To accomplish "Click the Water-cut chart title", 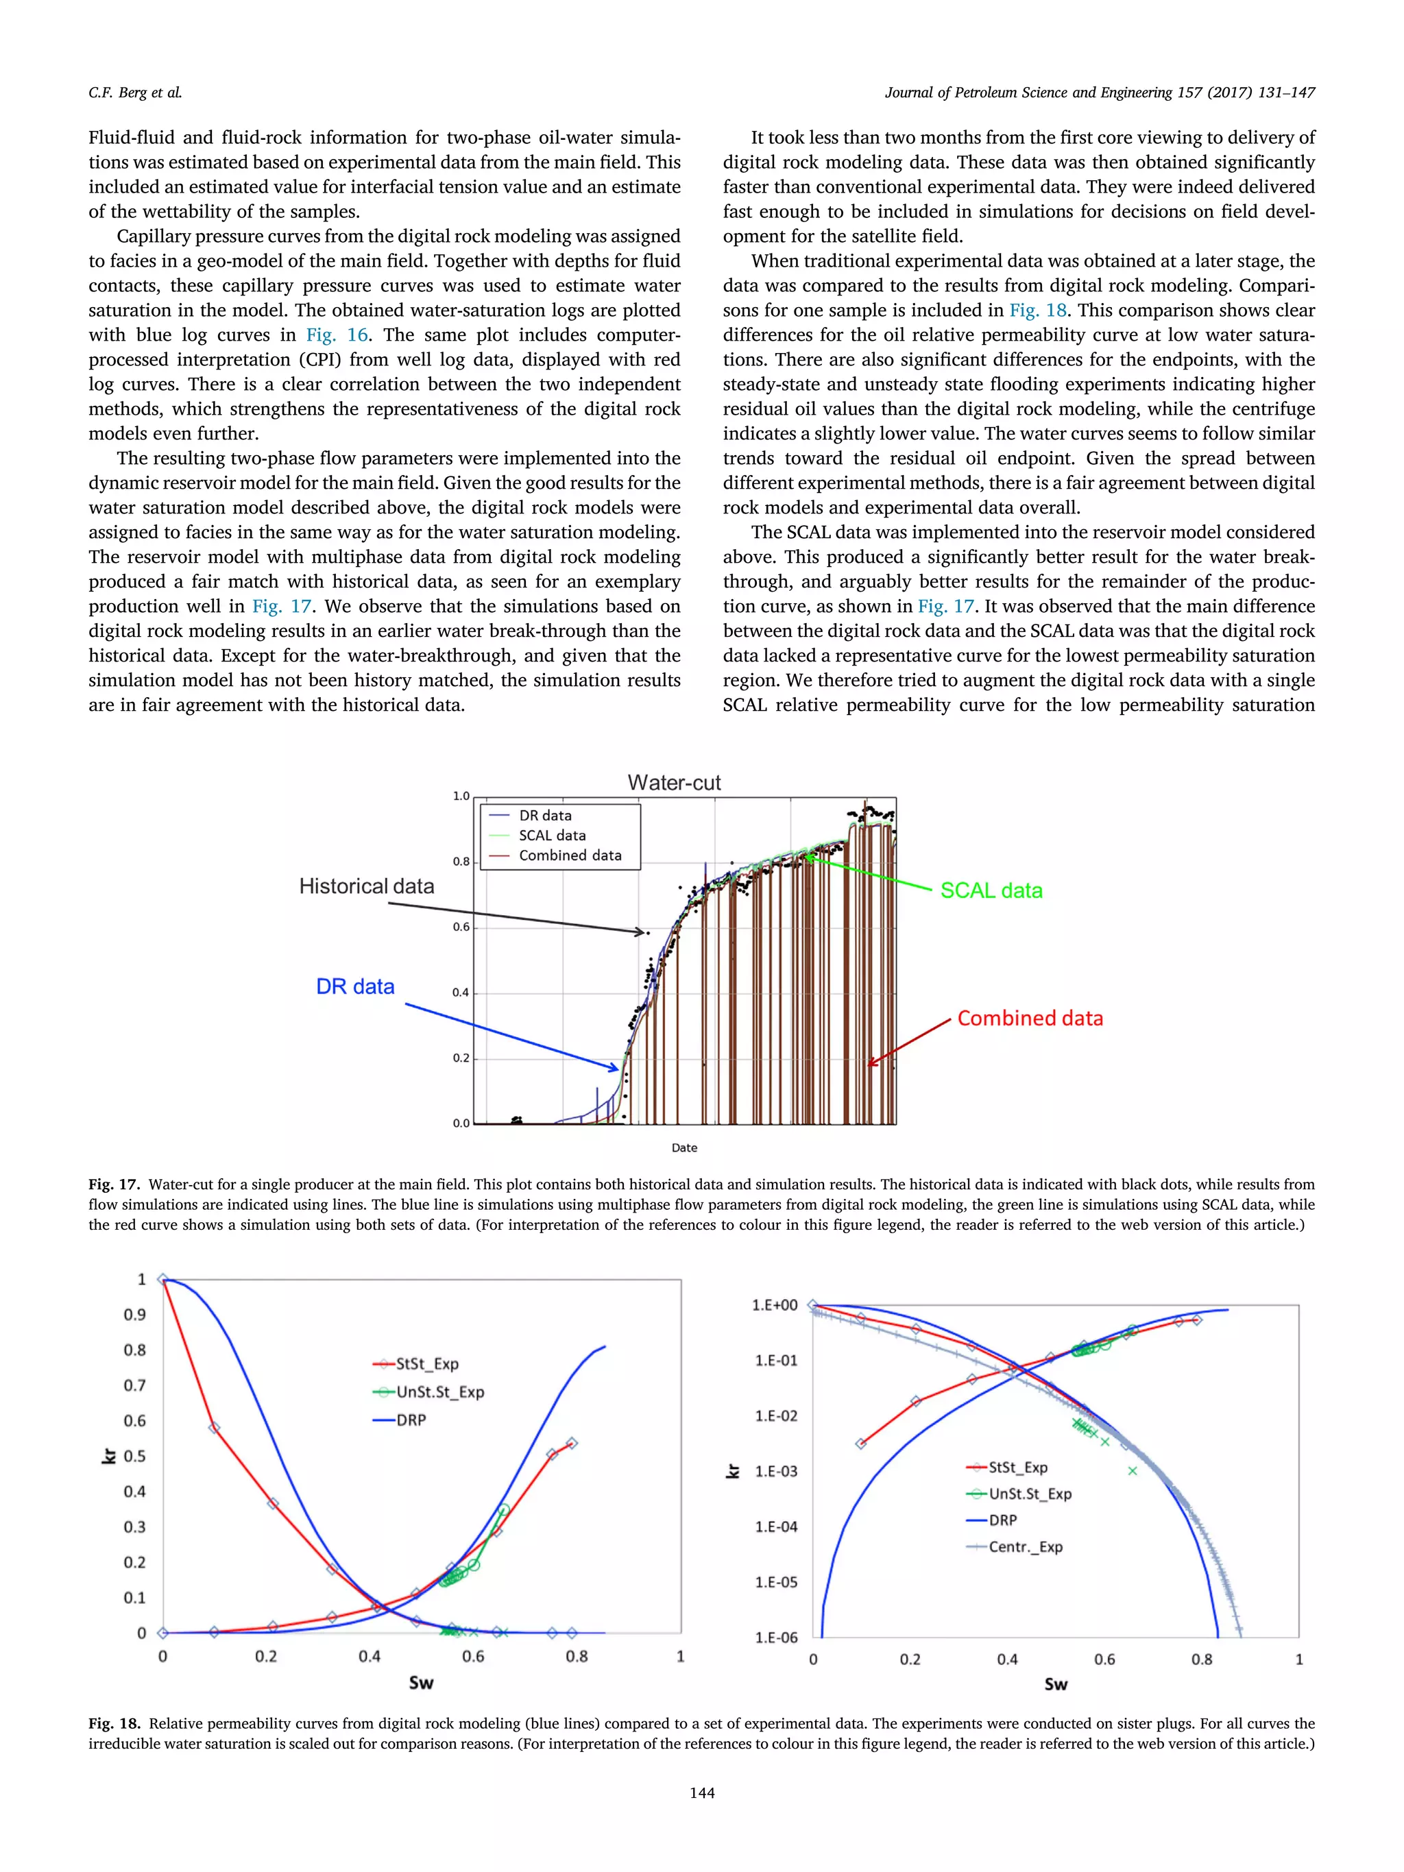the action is tap(674, 783).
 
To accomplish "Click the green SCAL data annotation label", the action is tap(991, 890).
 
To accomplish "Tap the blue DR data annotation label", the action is tap(354, 987).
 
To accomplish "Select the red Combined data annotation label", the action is tap(1030, 1018).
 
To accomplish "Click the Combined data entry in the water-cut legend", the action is tap(570, 855).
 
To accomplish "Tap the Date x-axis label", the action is tap(683, 1148).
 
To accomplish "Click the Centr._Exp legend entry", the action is tap(1025, 1547).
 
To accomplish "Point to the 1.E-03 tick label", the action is tap(775, 1472).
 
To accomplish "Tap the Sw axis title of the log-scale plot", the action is tap(1055, 1684).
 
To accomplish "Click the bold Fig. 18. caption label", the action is tap(113, 1724).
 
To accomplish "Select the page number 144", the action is tap(701, 1793).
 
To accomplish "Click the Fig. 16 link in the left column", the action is tap(337, 335).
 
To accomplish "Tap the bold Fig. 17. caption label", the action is tap(113, 1184).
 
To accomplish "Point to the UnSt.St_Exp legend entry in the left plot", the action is tap(439, 1392).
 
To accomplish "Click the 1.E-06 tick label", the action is tap(775, 1638).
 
